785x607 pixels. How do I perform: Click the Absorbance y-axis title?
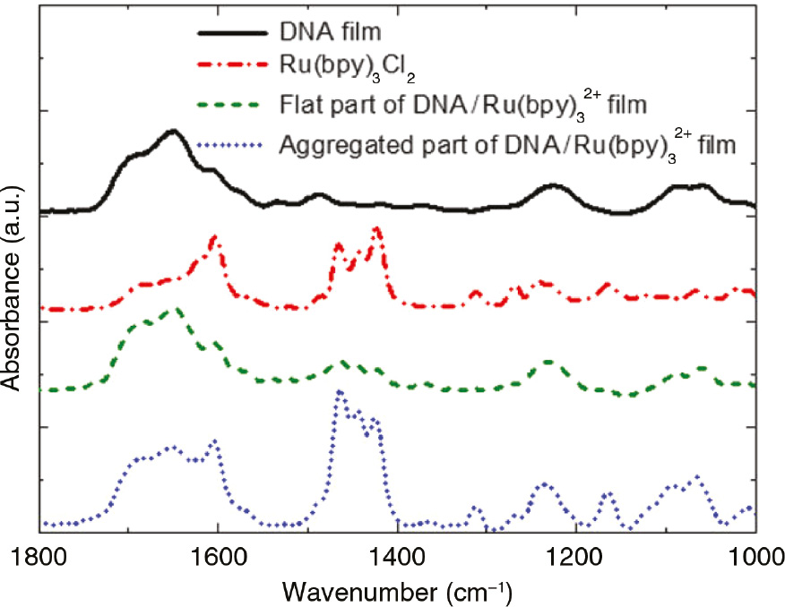click(13, 295)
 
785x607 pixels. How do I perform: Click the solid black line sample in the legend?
click(232, 34)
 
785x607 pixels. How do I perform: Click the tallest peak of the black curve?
click(172, 131)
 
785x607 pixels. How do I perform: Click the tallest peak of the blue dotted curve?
click(339, 391)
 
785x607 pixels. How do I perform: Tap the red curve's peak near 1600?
click(214, 237)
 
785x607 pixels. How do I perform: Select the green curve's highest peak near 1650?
click(177, 310)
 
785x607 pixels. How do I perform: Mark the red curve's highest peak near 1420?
click(376, 228)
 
